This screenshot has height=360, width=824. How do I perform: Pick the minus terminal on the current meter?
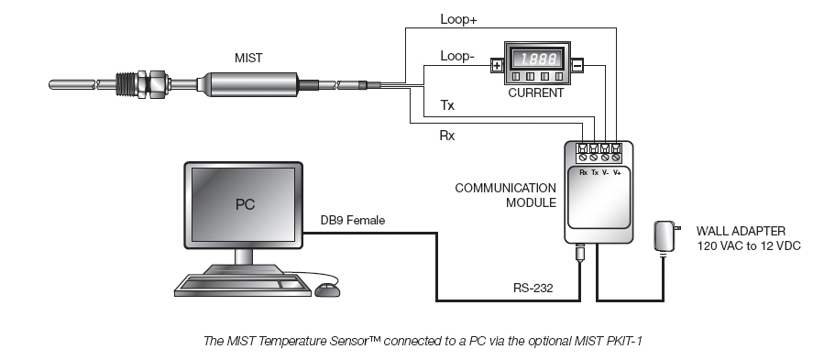tap(577, 65)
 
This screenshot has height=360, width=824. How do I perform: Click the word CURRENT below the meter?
tap(536, 93)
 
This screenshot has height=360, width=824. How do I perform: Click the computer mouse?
tap(326, 289)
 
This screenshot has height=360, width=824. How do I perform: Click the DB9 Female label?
tap(352, 220)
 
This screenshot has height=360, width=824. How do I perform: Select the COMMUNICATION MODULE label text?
tap(505, 194)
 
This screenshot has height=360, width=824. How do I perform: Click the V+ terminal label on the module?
tap(617, 171)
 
